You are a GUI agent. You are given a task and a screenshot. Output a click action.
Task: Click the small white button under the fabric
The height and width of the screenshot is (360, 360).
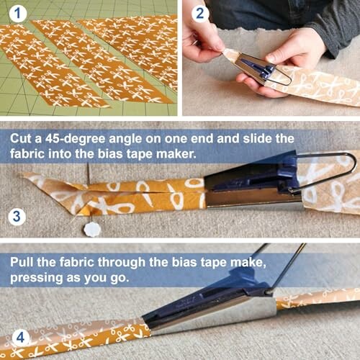coord(91,230)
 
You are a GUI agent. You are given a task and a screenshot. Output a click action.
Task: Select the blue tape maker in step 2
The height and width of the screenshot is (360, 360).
coord(260,70)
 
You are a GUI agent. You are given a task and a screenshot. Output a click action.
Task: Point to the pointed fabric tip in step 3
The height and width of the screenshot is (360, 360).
coord(30,176)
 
